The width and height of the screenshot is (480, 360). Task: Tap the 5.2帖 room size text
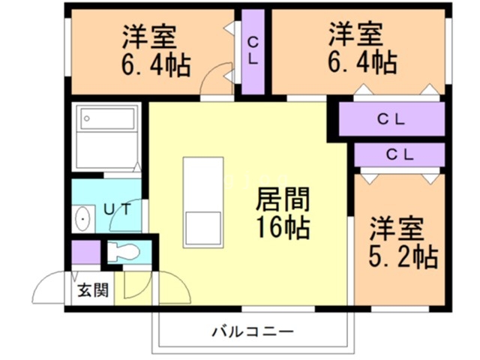[403, 257]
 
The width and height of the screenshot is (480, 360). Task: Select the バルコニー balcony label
[252, 331]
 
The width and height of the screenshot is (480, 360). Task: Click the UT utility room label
[118, 209]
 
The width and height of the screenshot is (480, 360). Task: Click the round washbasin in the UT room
[83, 220]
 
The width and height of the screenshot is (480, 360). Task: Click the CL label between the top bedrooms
[253, 49]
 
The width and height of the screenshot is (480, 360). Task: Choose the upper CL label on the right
[391, 119]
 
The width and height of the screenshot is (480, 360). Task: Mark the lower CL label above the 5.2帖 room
[400, 155]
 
